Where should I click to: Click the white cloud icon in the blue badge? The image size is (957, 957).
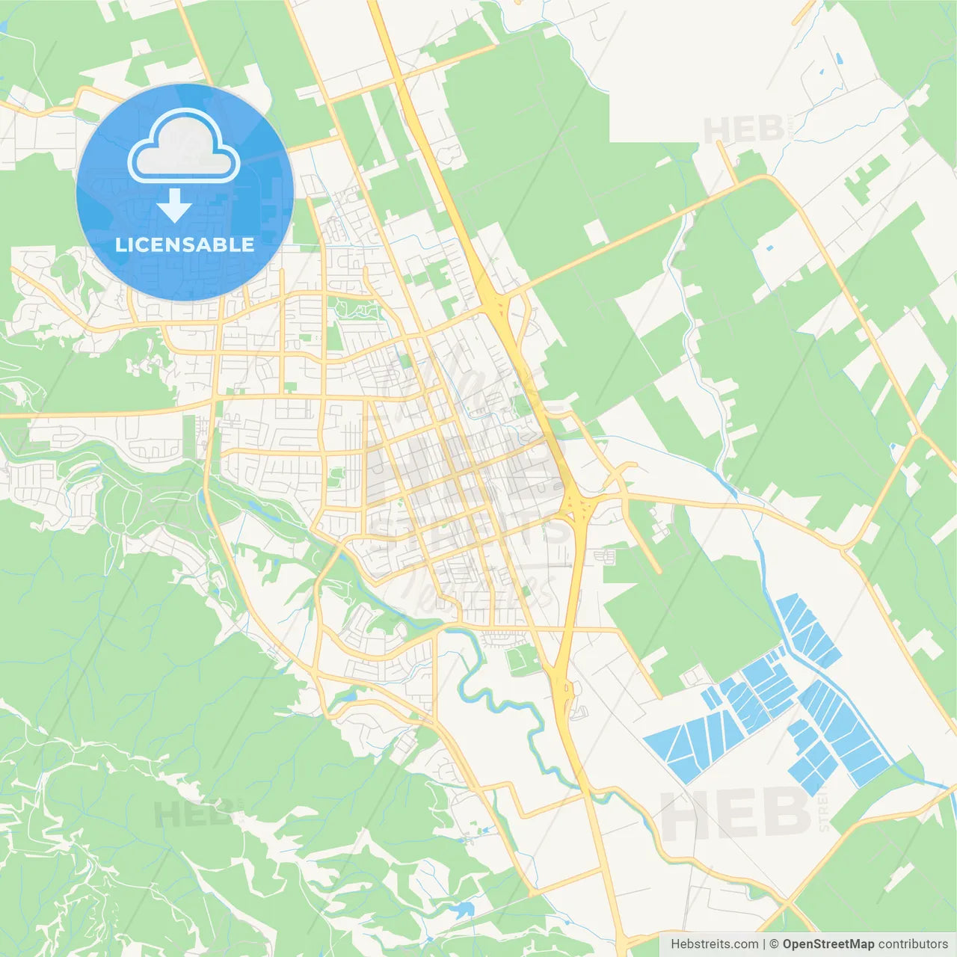point(184,147)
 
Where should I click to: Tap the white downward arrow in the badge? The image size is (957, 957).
point(175,205)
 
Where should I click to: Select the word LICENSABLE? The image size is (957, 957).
point(185,244)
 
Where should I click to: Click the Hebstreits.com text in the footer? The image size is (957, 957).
point(714,944)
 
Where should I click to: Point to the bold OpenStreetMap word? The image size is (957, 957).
point(828,944)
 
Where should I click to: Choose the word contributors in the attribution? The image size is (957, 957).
point(913,944)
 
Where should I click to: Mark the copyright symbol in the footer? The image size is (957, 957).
point(775,944)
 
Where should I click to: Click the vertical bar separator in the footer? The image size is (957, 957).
point(764,944)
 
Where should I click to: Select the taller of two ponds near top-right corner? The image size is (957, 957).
point(838,58)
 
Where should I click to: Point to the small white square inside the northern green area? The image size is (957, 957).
point(596,233)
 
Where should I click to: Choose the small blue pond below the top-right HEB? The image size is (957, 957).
point(770,246)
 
